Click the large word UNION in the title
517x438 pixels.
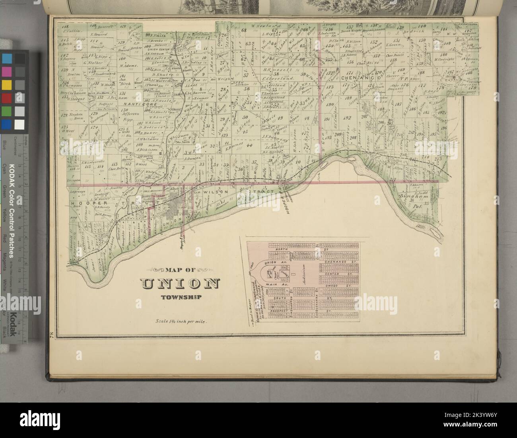(x=180, y=284)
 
